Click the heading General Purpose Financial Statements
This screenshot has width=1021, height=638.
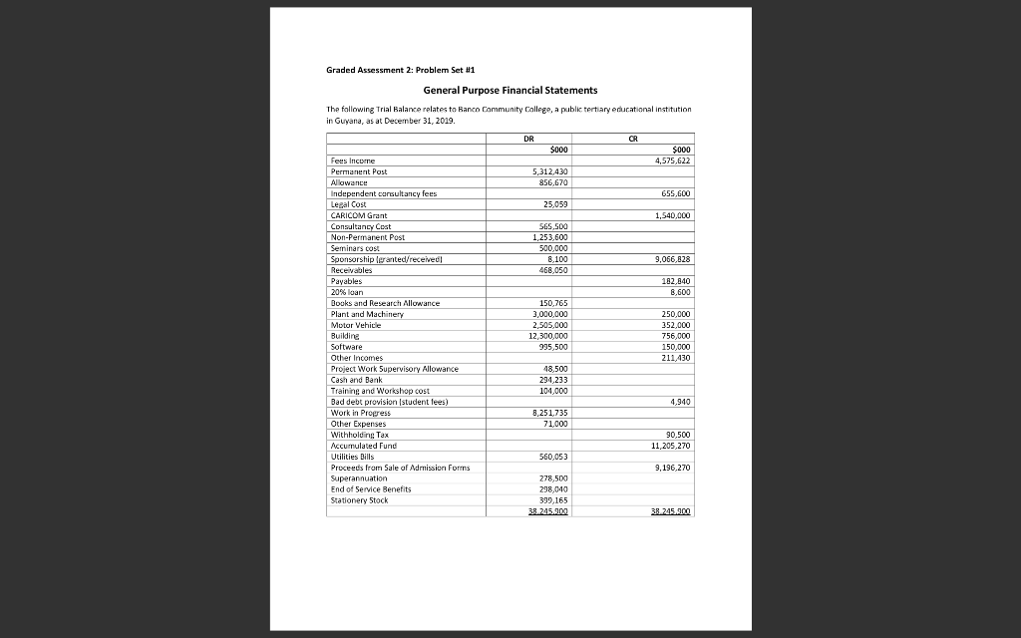point(510,91)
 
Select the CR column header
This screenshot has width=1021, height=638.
point(631,139)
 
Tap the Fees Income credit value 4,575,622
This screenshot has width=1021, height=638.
point(671,160)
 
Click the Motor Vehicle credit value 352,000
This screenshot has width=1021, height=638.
point(675,325)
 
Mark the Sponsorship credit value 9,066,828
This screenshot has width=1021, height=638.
point(671,258)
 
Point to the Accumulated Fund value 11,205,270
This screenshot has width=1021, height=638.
point(669,446)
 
